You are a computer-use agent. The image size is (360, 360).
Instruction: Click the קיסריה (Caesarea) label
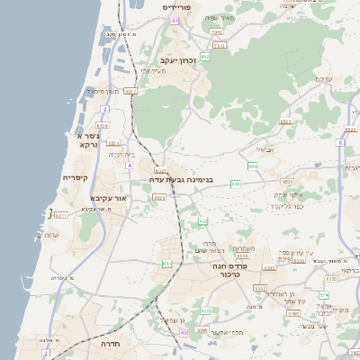pyautogui.click(x=75, y=177)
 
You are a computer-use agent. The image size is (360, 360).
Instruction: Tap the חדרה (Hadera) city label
pyautogui.click(x=124, y=344)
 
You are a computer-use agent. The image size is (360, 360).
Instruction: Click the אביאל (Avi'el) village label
pyautogui.click(x=265, y=150)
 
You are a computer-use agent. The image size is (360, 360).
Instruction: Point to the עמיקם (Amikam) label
pyautogui.click(x=323, y=80)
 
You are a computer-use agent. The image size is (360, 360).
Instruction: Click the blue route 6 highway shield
pyautogui.click(x=340, y=142)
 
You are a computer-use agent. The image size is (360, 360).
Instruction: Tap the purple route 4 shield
pyautogui.click(x=129, y=166)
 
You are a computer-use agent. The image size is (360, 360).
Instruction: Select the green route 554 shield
pyautogui.click(x=253, y=166)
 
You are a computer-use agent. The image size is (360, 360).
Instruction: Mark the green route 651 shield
pyautogui.click(x=167, y=264)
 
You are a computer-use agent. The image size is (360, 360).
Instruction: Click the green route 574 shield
pyautogui.click(x=324, y=295)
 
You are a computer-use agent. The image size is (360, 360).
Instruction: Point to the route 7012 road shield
pyautogui.click(x=216, y=32)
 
